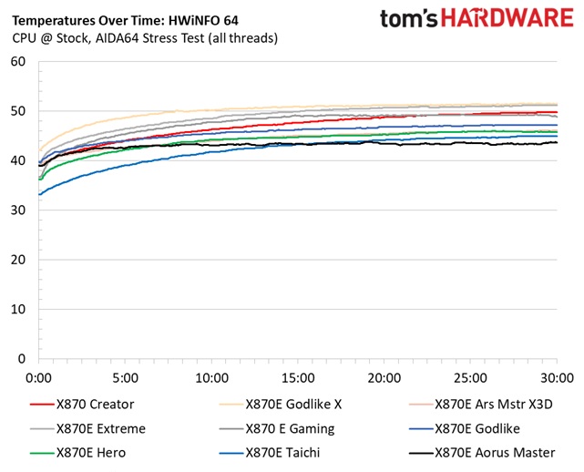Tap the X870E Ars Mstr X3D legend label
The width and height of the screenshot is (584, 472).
pyautogui.click(x=494, y=403)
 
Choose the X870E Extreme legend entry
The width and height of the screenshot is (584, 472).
pyautogui.click(x=100, y=427)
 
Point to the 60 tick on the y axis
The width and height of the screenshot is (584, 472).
pyautogui.click(x=17, y=62)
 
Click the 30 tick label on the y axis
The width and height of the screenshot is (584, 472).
pyautogui.click(x=17, y=210)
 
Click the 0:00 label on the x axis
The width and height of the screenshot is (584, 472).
pyautogui.click(x=39, y=376)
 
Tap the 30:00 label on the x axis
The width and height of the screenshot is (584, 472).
pyautogui.click(x=556, y=376)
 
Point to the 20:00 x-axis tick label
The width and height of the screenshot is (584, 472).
pyautogui.click(x=384, y=376)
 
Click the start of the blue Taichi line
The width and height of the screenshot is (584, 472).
pyautogui.click(x=39, y=194)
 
